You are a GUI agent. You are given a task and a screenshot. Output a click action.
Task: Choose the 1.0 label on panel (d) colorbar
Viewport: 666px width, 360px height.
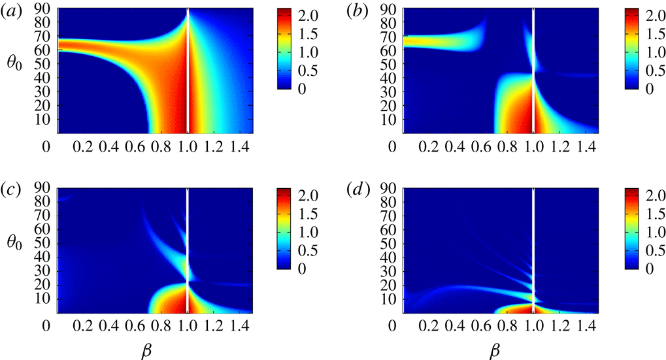pos(657,232)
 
